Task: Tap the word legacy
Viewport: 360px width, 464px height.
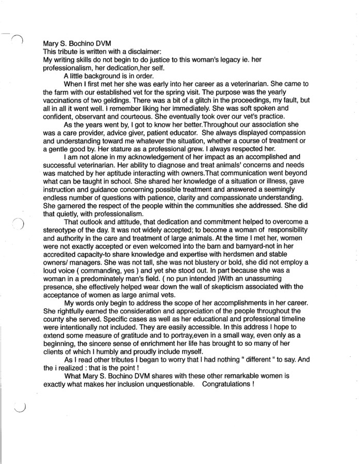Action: [217, 60]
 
